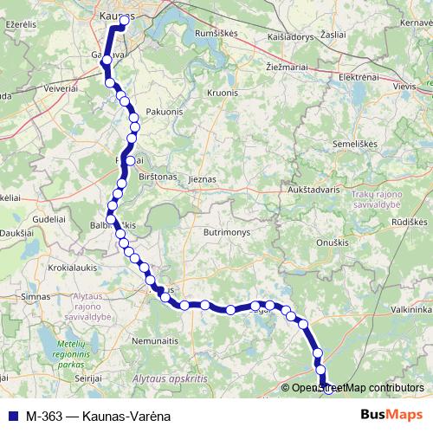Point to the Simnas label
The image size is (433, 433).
36,296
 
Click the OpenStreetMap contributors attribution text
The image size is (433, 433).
356,388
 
